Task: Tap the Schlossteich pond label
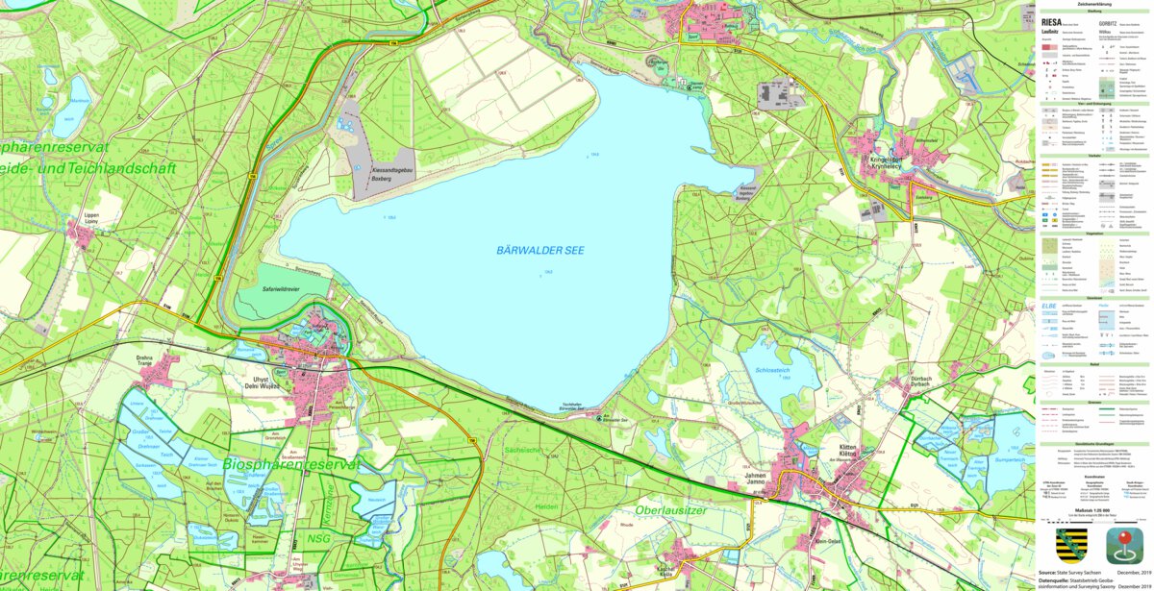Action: tap(773, 370)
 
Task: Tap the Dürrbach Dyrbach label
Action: tap(920, 383)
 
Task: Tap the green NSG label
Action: tap(319, 539)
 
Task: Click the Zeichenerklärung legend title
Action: tap(1096, 4)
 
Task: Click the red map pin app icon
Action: tap(1123, 545)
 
